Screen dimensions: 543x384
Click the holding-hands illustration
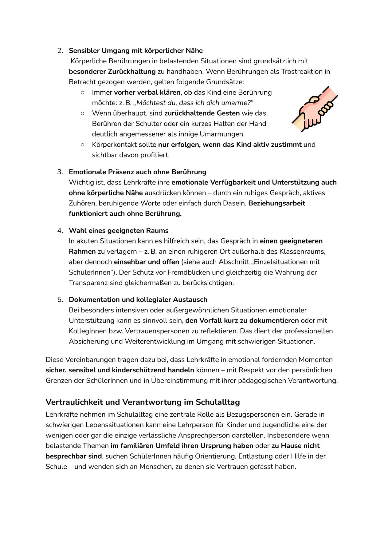(315, 109)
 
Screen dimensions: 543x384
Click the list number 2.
(60, 50)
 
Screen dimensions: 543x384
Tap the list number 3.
(60, 172)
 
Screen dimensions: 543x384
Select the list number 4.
(60, 231)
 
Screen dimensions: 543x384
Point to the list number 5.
(60, 299)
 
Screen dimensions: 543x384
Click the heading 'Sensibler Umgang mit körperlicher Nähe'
(135, 50)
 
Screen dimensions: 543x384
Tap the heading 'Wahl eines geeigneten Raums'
(119, 231)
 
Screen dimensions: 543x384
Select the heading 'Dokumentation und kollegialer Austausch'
(138, 299)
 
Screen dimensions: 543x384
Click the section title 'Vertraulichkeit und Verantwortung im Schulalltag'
(143, 402)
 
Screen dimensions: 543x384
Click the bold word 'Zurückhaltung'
(132, 72)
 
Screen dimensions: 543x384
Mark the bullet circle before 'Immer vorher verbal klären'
(83, 92)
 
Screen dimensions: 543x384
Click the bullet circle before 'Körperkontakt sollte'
(83, 145)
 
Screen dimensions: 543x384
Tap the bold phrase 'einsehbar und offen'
(146, 262)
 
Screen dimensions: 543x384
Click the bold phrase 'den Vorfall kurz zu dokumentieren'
(242, 320)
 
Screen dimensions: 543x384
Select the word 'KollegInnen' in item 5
(87, 331)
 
